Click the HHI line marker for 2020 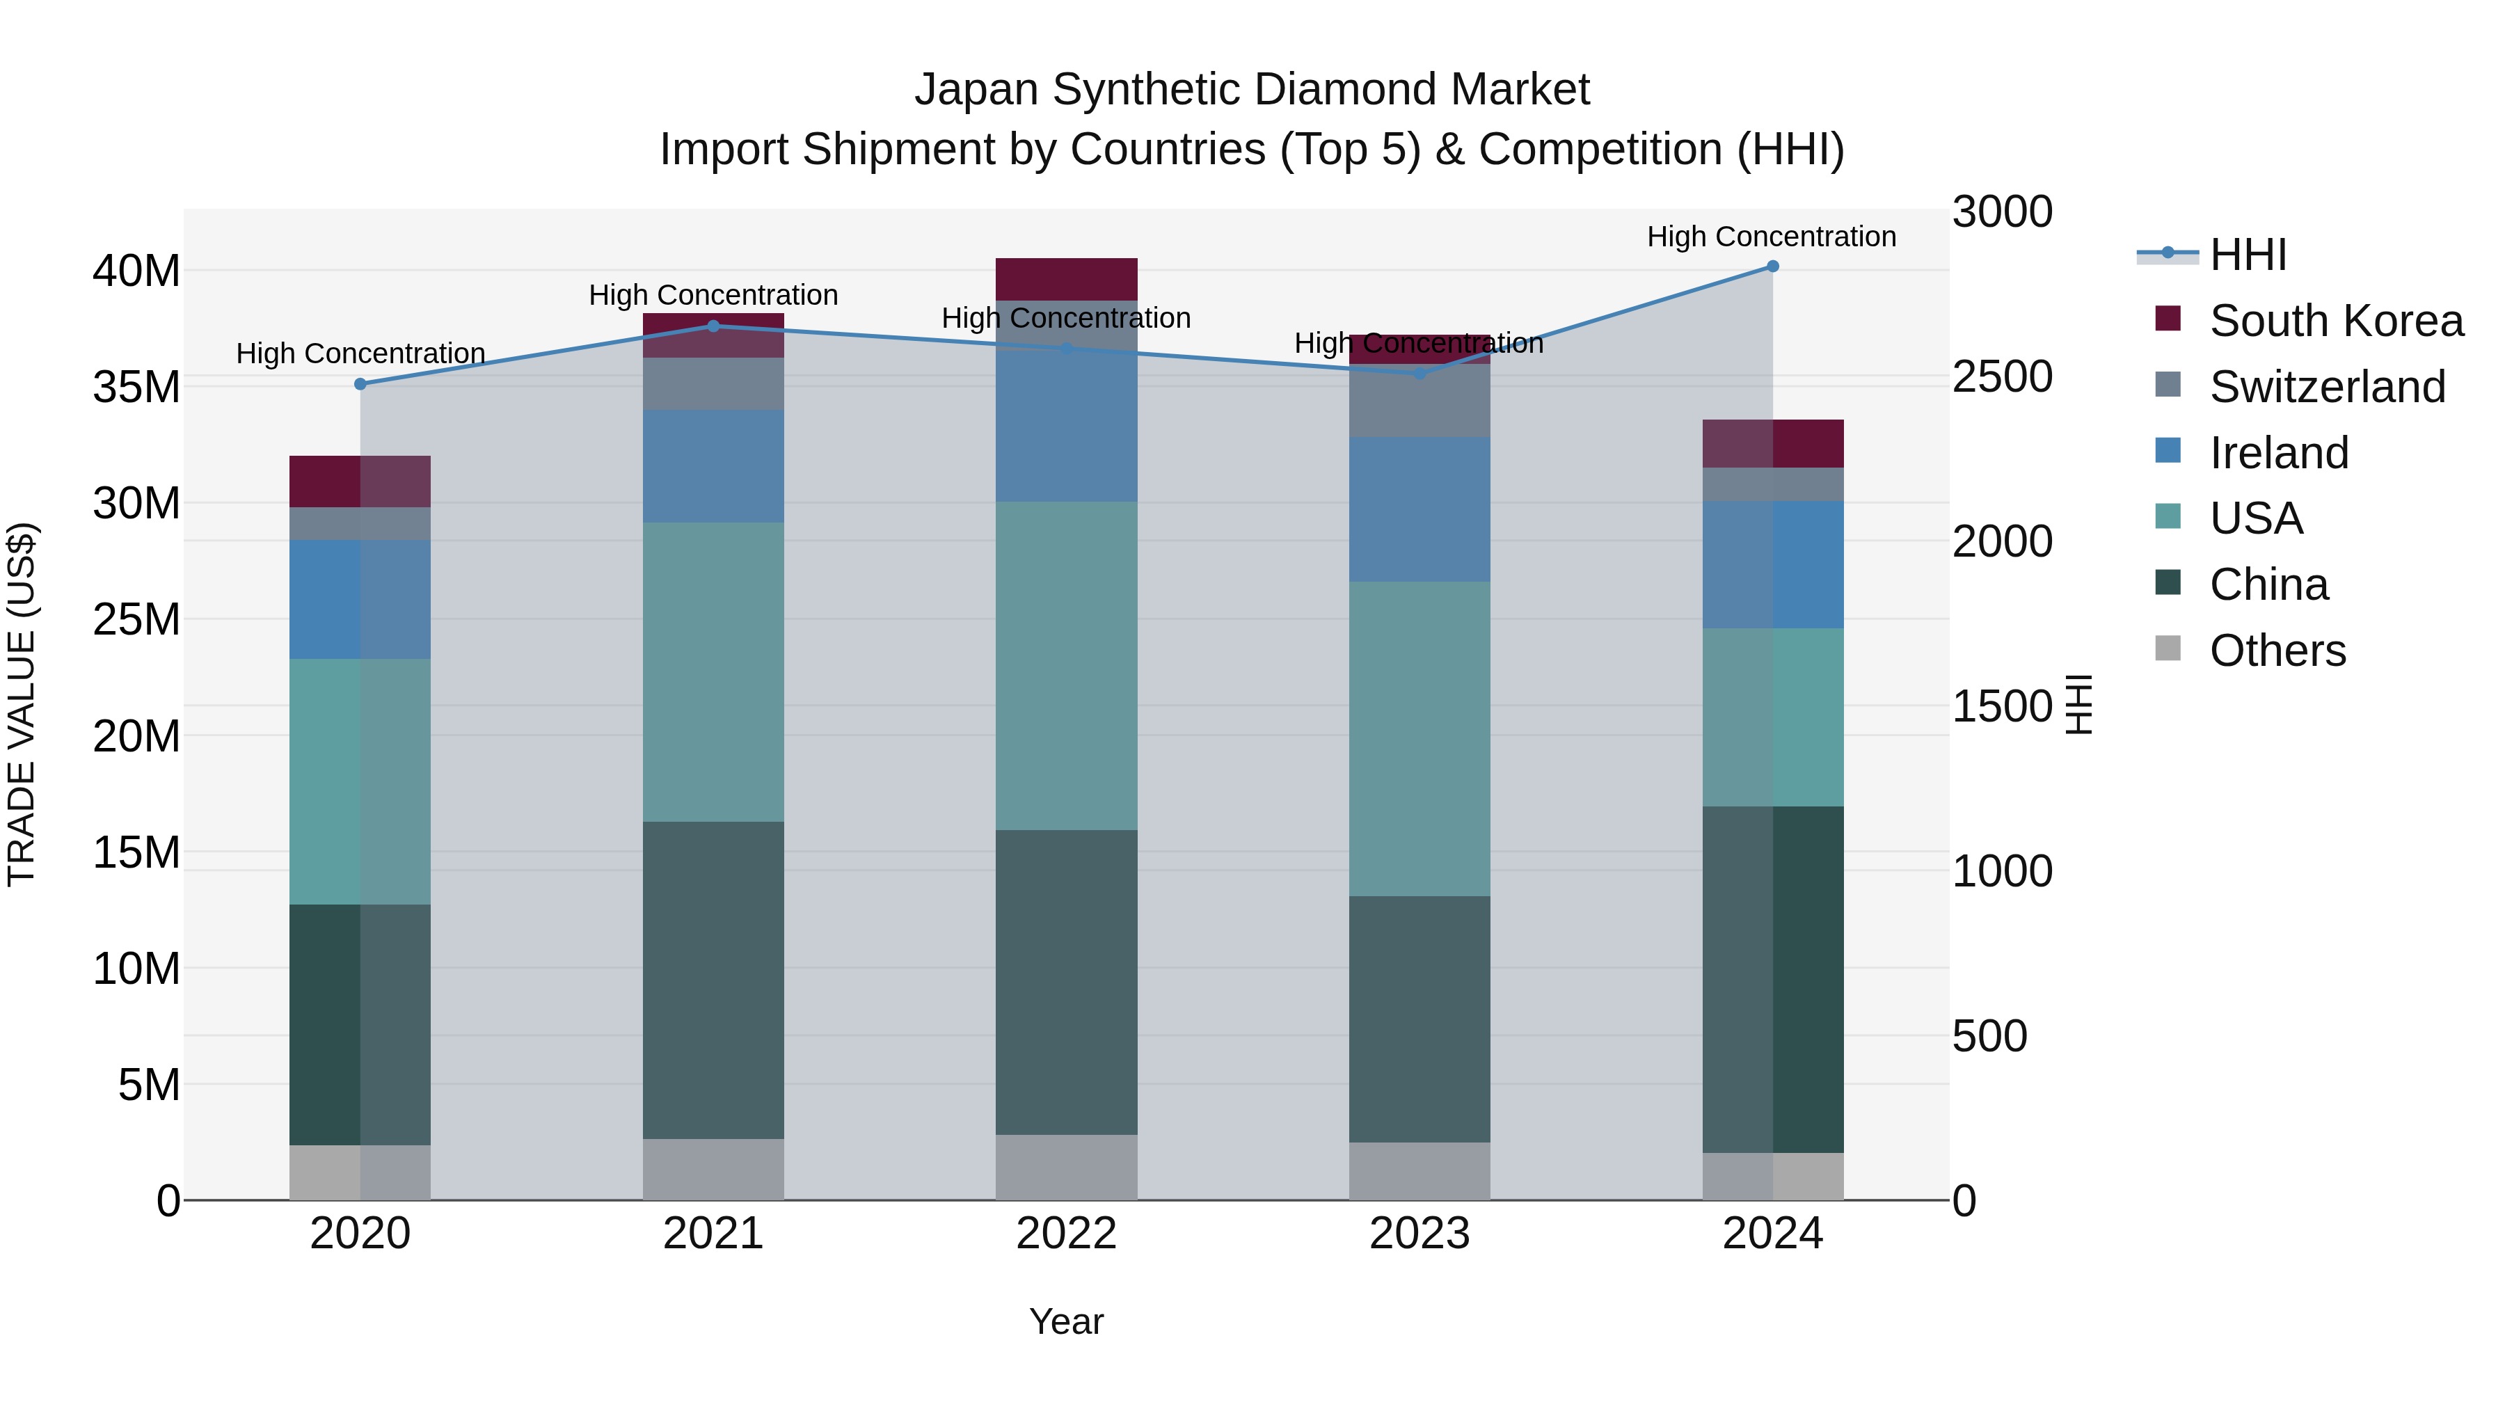pyautogui.click(x=360, y=384)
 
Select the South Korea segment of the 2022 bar pyautogui.click(x=1066, y=279)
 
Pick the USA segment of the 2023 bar pyautogui.click(x=1419, y=738)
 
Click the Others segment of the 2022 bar pyautogui.click(x=1066, y=1167)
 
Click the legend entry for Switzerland pyautogui.click(x=2326, y=387)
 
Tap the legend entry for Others pyautogui.click(x=2277, y=651)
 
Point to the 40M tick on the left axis pyautogui.click(x=136, y=271)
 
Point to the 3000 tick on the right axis pyautogui.click(x=2002, y=212)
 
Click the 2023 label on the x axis pyautogui.click(x=1419, y=1234)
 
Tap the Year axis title pyautogui.click(x=1066, y=1321)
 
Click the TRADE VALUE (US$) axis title pyautogui.click(x=22, y=704)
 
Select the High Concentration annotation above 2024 pyautogui.click(x=1771, y=237)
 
